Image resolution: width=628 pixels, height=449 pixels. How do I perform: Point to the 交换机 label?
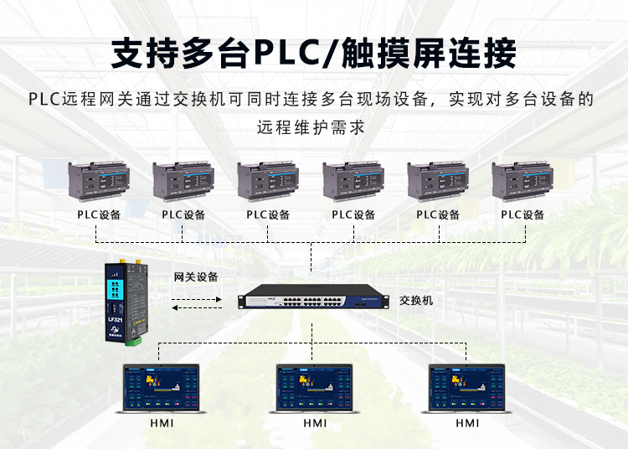click(416, 300)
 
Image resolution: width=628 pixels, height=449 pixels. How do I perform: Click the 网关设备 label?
click(196, 276)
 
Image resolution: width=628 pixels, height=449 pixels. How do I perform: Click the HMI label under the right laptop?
click(467, 424)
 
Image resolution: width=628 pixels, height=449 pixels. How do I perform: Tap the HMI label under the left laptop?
click(162, 424)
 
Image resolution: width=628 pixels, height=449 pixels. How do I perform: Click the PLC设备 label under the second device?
click(183, 214)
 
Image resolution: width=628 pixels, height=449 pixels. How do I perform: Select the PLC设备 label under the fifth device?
click(438, 214)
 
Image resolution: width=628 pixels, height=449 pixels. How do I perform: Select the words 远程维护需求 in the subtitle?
click(313, 128)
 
